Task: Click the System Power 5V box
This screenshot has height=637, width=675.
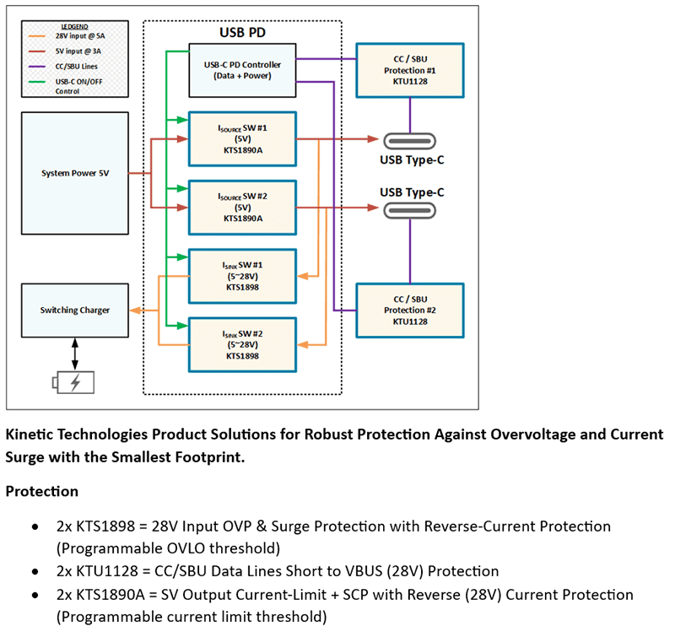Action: pos(75,174)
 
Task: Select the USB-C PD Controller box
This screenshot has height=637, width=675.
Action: pos(243,70)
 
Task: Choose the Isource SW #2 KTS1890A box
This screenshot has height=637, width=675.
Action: pos(242,207)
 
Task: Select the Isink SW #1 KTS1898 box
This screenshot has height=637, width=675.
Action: pos(242,275)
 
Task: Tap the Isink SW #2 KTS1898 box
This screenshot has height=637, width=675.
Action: pos(242,343)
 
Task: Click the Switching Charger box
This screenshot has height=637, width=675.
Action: pos(75,310)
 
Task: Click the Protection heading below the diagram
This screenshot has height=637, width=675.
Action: pos(42,491)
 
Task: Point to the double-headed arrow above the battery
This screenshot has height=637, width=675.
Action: pos(75,350)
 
